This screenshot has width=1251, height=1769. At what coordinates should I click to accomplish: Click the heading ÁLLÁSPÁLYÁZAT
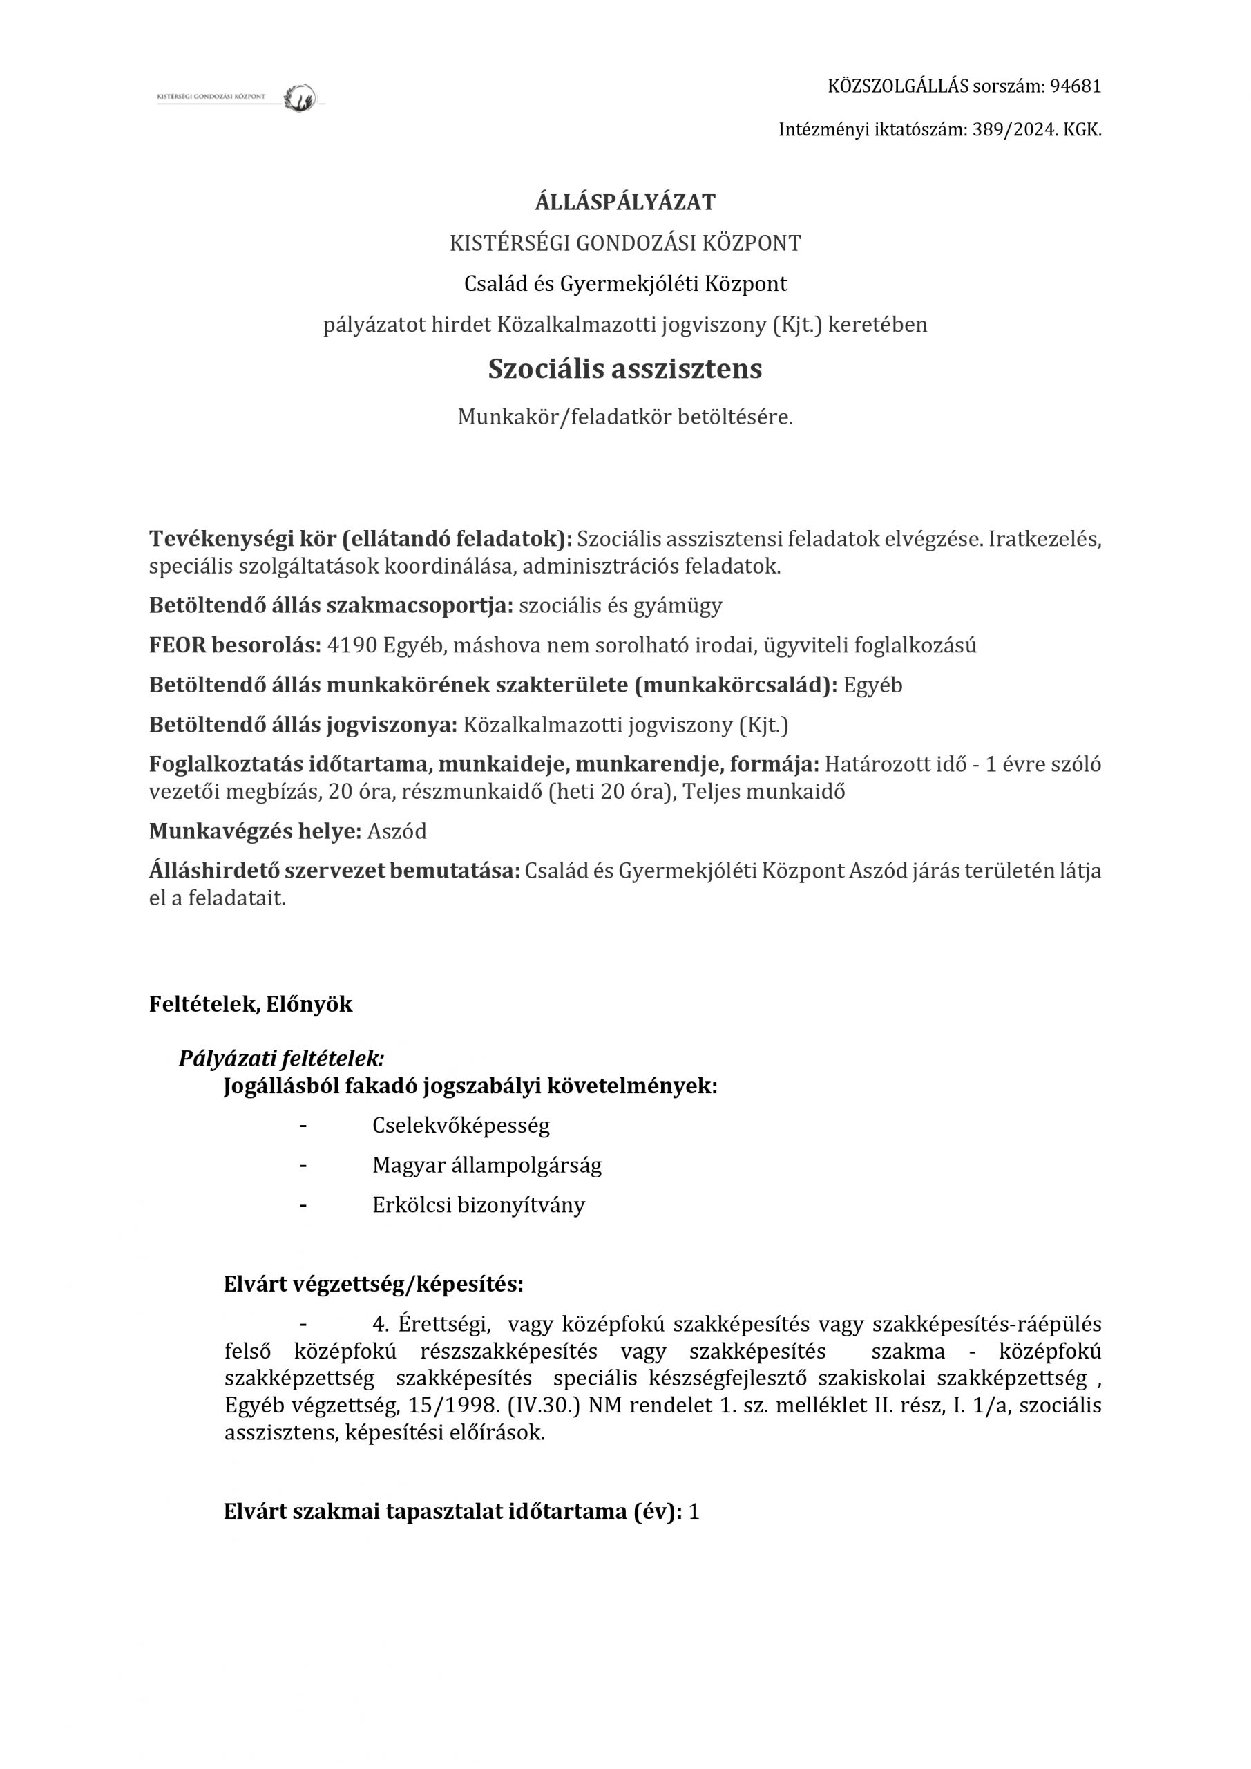click(624, 202)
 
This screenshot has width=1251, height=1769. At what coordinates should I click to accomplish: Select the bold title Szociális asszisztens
click(624, 369)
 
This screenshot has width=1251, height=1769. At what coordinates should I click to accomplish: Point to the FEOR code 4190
click(352, 645)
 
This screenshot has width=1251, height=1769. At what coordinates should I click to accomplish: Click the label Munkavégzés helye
click(255, 831)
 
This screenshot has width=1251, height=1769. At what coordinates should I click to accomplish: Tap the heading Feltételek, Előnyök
click(250, 1005)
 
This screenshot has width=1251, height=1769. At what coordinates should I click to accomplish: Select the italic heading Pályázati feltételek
click(281, 1059)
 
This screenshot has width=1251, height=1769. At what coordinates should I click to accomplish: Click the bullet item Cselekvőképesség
click(461, 1126)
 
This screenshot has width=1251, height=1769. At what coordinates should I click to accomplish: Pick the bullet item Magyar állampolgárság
click(487, 1165)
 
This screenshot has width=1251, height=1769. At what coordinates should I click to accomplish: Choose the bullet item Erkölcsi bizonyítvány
click(479, 1205)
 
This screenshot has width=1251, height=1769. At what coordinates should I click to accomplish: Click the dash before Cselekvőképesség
click(303, 1126)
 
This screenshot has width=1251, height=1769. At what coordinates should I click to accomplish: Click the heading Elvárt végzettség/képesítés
click(374, 1285)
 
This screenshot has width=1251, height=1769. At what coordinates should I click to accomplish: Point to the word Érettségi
click(444, 1325)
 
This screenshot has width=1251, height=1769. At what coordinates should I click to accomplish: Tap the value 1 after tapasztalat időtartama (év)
click(694, 1512)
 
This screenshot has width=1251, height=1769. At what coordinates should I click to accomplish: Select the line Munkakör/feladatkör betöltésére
click(624, 417)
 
